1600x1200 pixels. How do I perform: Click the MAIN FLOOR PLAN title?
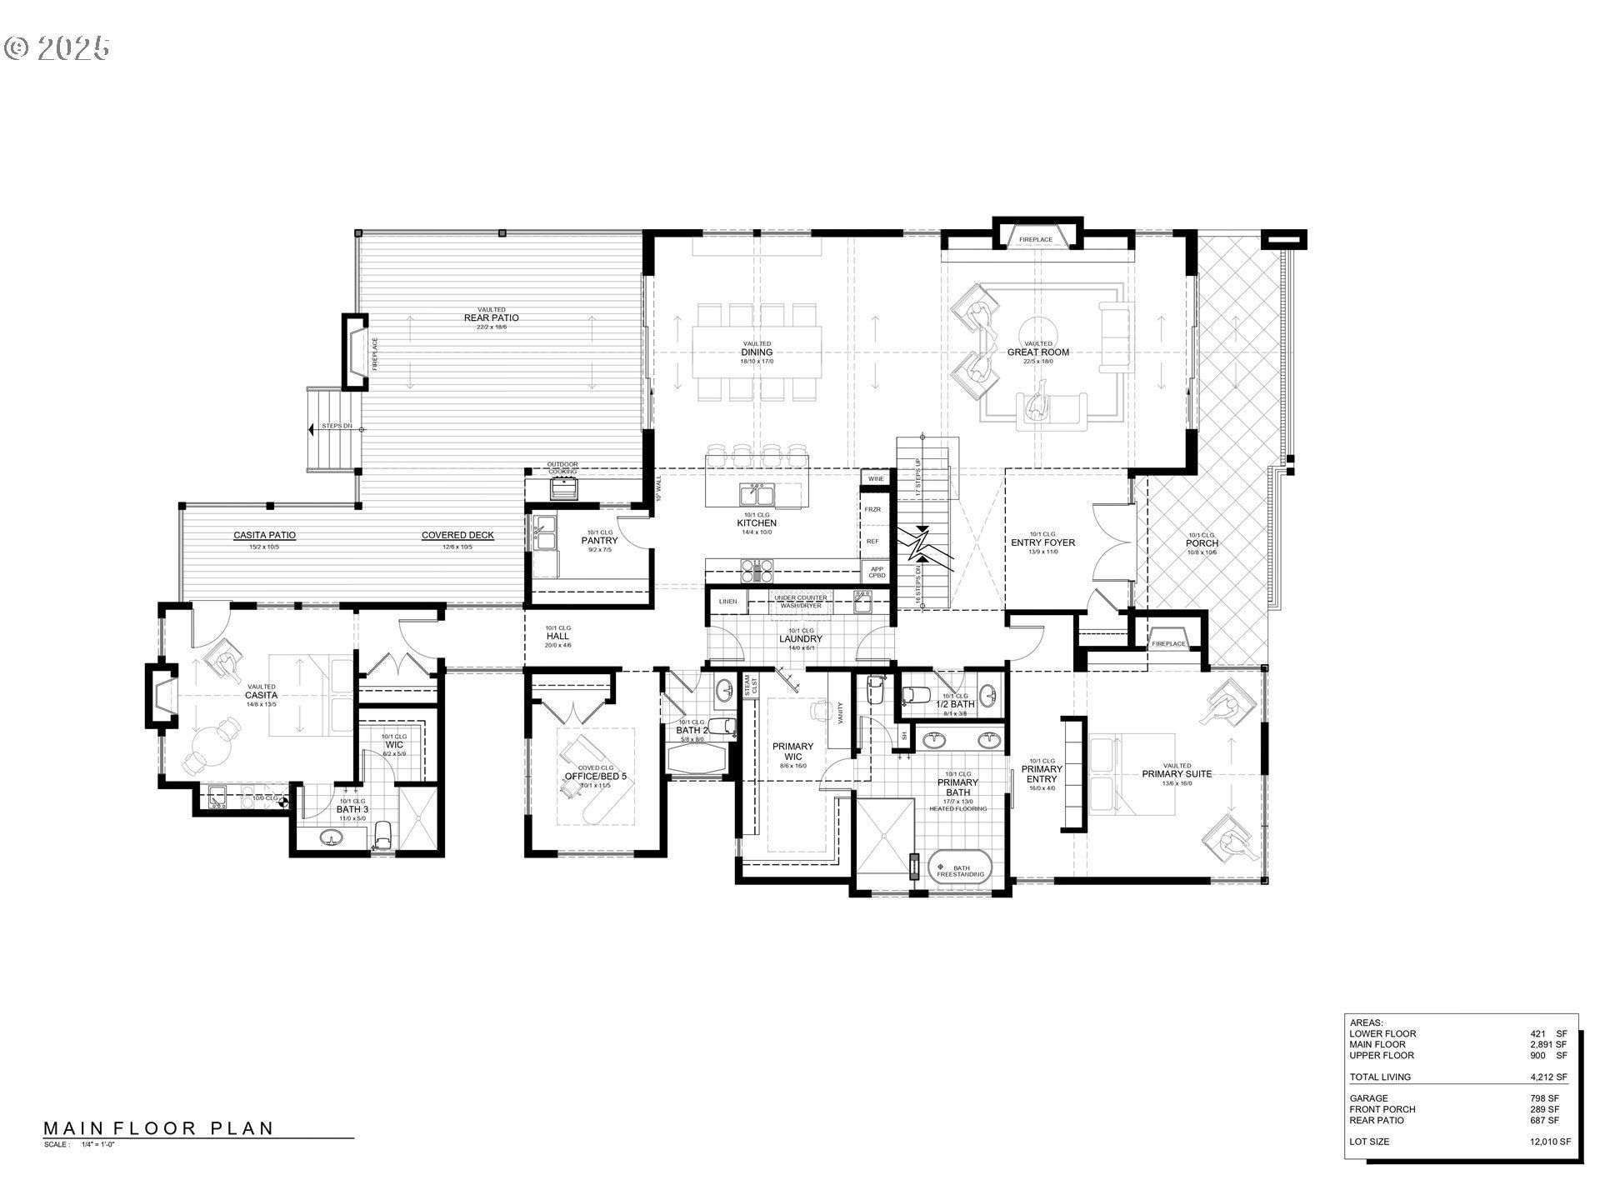click(x=158, y=1128)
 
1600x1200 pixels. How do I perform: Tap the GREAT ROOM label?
click(x=1037, y=352)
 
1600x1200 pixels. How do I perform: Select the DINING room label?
click(x=757, y=352)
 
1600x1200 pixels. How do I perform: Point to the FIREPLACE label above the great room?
click(x=1036, y=240)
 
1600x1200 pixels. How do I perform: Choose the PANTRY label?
click(x=599, y=541)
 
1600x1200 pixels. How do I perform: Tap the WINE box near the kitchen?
click(x=876, y=479)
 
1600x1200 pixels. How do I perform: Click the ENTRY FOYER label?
click(x=1042, y=542)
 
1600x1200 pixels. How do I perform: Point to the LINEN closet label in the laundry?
click(x=727, y=601)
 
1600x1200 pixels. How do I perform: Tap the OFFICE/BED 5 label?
click(x=595, y=776)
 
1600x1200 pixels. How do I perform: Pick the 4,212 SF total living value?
click(x=1548, y=1077)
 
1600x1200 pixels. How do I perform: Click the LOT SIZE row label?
click(x=1369, y=1142)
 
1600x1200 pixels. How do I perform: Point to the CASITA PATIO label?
click(x=264, y=536)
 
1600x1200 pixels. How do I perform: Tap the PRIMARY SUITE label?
click(x=1176, y=774)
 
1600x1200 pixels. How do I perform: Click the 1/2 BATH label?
click(x=954, y=704)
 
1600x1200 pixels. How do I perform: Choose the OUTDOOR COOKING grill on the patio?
click(x=563, y=487)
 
